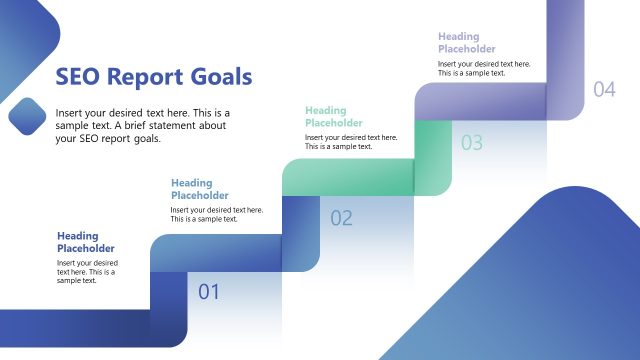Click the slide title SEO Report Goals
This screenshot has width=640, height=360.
(153, 77)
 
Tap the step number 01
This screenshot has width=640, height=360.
(208, 292)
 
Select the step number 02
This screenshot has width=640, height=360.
(341, 218)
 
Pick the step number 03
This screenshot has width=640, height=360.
(472, 142)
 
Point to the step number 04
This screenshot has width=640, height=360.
(604, 89)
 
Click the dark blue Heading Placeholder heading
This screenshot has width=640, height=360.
(86, 242)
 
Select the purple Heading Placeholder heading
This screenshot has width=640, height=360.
(467, 42)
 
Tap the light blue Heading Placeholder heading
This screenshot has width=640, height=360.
(200, 189)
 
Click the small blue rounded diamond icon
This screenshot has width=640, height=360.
(28, 116)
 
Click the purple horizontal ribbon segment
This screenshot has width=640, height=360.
(480, 101)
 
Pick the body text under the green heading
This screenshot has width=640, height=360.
(351, 142)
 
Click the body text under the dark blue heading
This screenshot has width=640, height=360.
(86, 272)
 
